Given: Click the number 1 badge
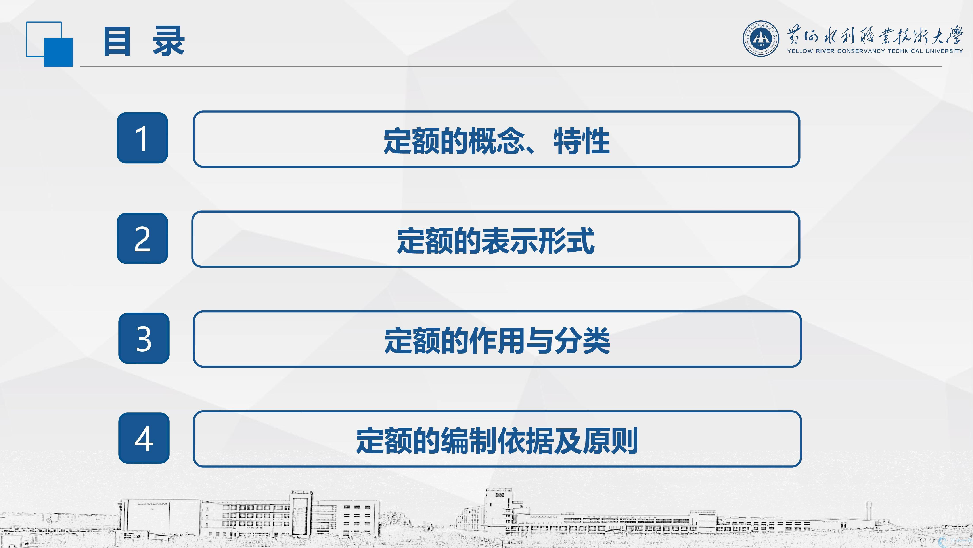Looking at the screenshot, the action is (142, 138).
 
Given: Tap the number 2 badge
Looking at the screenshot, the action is (142, 238).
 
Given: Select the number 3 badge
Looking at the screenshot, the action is (144, 338).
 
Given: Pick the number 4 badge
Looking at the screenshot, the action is (144, 438).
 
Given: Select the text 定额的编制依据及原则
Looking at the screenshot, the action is (497, 441).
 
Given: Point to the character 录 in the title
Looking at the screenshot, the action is (169, 41).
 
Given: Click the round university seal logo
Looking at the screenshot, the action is (761, 39).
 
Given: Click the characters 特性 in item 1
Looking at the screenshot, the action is (582, 141).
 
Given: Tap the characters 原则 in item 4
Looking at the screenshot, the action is (610, 441).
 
